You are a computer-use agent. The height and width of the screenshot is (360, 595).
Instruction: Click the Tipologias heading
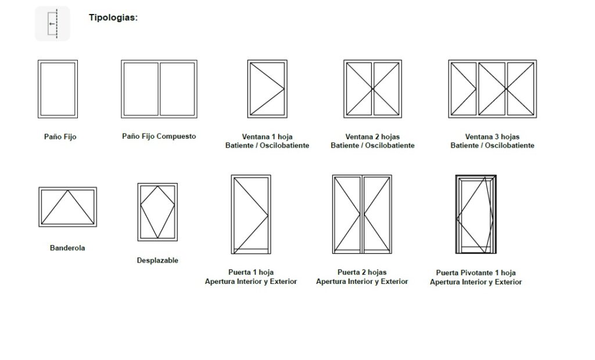point(113,17)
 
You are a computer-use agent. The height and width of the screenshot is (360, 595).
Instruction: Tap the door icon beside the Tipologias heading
point(52,24)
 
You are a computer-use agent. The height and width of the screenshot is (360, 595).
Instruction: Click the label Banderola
point(67,248)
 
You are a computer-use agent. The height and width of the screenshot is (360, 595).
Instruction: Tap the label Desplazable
point(157,260)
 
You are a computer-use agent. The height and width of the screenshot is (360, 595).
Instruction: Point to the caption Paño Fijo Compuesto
point(159,136)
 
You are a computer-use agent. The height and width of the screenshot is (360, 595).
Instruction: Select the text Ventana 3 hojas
point(492,136)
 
